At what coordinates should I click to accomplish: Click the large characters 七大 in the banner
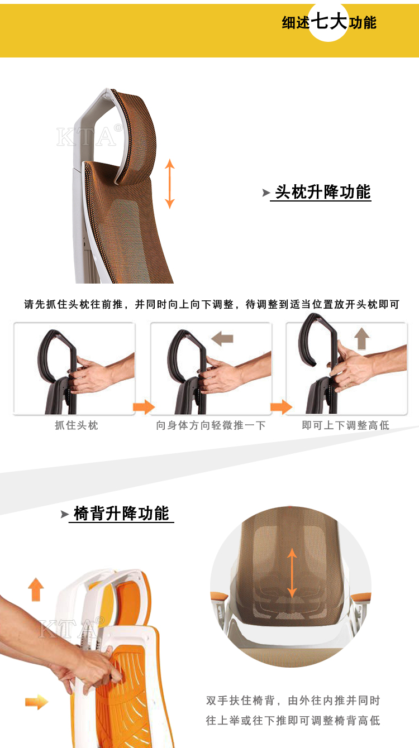click(x=329, y=21)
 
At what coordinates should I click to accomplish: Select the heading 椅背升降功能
click(x=121, y=513)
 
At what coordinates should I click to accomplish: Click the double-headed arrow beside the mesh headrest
click(x=170, y=184)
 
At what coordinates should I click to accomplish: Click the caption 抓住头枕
click(x=77, y=425)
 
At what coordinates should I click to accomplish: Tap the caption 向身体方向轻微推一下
click(x=211, y=425)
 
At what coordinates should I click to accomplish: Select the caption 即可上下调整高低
click(x=345, y=425)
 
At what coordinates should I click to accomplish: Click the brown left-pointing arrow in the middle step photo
click(x=222, y=339)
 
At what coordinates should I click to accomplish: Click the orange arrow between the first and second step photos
click(x=144, y=407)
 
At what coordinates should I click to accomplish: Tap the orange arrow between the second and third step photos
click(x=282, y=407)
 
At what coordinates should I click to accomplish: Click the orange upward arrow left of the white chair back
click(x=36, y=589)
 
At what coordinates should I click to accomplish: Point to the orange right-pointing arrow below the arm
click(x=37, y=702)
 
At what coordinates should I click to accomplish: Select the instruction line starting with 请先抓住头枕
click(x=212, y=304)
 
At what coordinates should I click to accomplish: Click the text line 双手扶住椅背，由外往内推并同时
click(x=293, y=700)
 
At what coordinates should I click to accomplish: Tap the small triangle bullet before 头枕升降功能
click(x=266, y=193)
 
